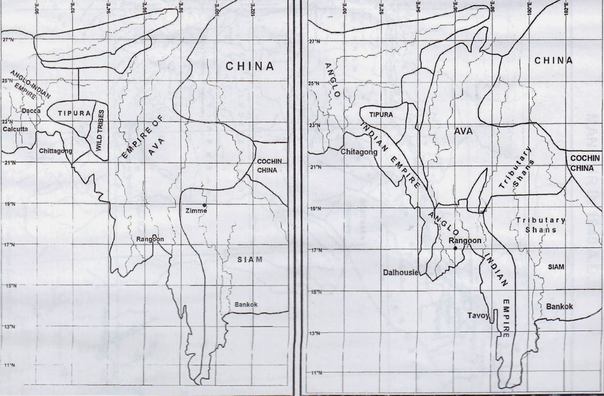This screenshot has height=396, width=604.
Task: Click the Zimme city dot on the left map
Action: [204, 205]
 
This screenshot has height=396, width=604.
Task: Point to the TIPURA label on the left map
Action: [74, 113]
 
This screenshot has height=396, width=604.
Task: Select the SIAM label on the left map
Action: [250, 260]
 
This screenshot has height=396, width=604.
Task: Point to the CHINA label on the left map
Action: [250, 66]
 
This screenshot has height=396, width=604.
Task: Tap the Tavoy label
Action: [478, 315]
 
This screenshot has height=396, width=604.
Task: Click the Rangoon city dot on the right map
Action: [456, 248]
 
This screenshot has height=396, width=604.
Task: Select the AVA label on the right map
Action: [463, 131]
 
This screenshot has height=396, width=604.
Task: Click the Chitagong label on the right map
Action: [359, 152]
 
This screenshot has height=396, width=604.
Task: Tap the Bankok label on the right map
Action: [559, 306]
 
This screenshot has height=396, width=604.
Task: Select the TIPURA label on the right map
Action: [381, 114]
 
